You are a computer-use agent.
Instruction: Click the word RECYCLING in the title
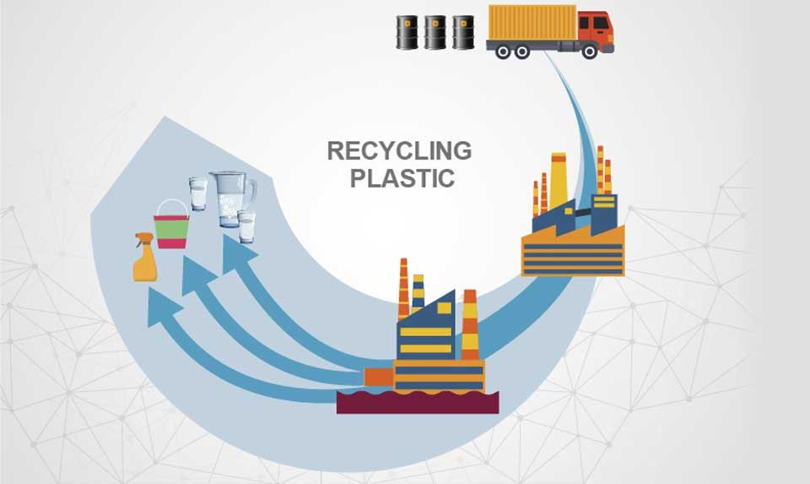[398, 151]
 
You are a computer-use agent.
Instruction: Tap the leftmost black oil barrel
[408, 32]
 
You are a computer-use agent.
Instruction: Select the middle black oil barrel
[435, 32]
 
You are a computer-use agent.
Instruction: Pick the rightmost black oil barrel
[463, 32]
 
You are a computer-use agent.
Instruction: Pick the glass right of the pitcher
[246, 226]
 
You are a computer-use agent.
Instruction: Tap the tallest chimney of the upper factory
[558, 181]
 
